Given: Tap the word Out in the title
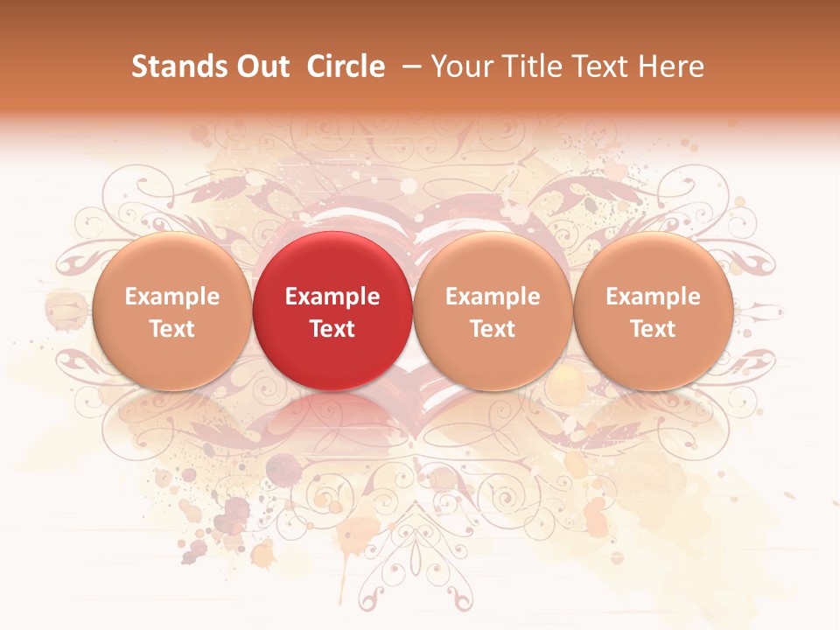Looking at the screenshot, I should (260, 66).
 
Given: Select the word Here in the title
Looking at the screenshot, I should (671, 66).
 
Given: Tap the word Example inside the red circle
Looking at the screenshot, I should (332, 297).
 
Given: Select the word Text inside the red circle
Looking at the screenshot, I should (332, 329).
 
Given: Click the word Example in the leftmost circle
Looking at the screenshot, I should (171, 297).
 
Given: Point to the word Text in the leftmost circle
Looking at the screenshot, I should (171, 329).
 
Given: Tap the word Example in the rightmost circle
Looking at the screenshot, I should (654, 297).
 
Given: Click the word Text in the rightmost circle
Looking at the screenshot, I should (654, 329).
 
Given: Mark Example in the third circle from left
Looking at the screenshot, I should (493, 297).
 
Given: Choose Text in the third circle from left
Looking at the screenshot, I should (493, 329).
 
